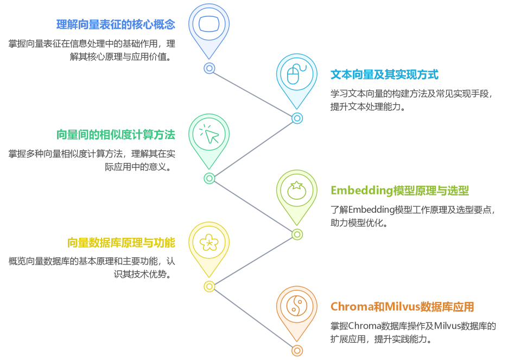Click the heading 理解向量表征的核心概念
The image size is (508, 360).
[116, 24]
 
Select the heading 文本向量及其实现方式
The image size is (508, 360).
[384, 75]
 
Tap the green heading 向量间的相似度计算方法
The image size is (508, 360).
[116, 135]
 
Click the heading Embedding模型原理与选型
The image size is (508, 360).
[399, 191]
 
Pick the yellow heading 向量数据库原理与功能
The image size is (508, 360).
[121, 243]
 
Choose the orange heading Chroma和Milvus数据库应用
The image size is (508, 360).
[402, 307]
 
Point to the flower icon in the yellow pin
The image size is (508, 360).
[209, 243]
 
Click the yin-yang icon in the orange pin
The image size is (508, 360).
[296, 306]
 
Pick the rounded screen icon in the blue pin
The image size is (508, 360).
[209, 24]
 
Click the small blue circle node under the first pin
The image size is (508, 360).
[209, 68]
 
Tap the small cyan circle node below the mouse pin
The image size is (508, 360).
[297, 118]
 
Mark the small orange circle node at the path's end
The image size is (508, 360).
[297, 351]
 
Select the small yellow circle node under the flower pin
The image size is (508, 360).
[209, 286]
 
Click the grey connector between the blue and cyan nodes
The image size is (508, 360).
[253, 93]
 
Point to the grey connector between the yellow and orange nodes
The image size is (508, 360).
[253, 319]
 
